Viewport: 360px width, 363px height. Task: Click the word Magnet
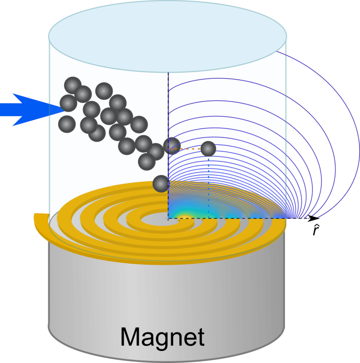tap(163, 337)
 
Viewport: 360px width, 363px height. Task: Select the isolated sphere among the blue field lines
tap(208, 149)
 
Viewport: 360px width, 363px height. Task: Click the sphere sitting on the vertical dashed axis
tap(172, 145)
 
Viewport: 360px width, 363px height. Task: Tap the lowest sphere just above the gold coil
tap(160, 184)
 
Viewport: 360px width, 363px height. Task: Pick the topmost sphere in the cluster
tap(73, 85)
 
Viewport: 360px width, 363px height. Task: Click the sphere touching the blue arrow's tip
tap(68, 103)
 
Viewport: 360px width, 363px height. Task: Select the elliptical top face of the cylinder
tap(167, 35)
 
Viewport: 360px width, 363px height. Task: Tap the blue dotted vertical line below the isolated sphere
tap(208, 185)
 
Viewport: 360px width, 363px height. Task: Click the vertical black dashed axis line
tap(168, 106)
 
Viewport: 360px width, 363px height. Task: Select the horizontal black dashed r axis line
tap(249, 218)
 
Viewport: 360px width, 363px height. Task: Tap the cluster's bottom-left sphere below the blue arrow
tap(67, 123)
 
